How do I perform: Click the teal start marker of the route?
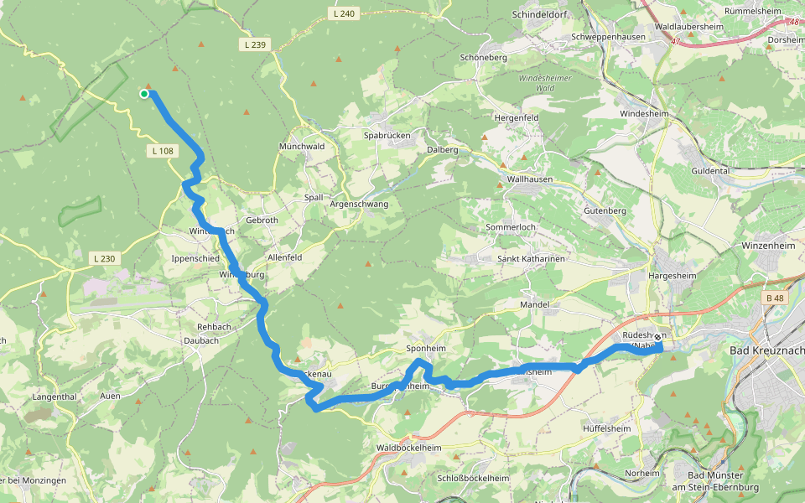click(144, 94)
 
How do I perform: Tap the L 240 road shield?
click(344, 13)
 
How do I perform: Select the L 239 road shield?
click(255, 44)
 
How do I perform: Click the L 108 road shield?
click(163, 151)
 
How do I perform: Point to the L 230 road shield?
click(104, 258)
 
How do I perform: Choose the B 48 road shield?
click(776, 298)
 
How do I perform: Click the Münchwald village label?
click(303, 146)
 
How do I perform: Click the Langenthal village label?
click(55, 397)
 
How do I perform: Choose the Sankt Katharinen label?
click(532, 259)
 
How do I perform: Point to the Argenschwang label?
click(359, 205)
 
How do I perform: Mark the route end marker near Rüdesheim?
click(657, 338)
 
